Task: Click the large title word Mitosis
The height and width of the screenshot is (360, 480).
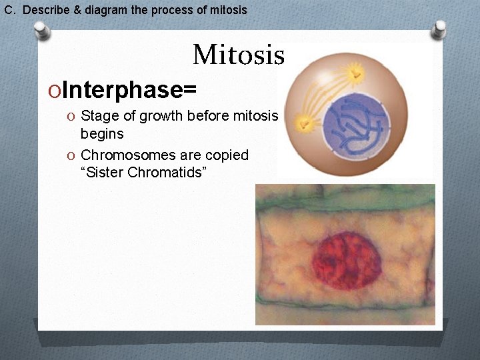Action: (239, 55)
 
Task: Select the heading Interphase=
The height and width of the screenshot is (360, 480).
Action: (129, 89)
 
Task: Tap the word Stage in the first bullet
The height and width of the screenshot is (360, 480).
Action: (100, 116)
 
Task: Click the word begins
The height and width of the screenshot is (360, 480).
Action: (102, 133)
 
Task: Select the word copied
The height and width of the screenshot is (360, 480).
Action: (226, 155)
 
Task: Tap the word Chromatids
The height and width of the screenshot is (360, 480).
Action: (173, 173)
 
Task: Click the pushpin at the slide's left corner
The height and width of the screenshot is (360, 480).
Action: (42, 30)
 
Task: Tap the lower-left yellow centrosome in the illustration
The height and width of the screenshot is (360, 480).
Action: (305, 123)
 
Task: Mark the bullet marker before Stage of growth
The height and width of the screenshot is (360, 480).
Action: (71, 117)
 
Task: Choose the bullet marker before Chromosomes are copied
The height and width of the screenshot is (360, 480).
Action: (71, 156)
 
